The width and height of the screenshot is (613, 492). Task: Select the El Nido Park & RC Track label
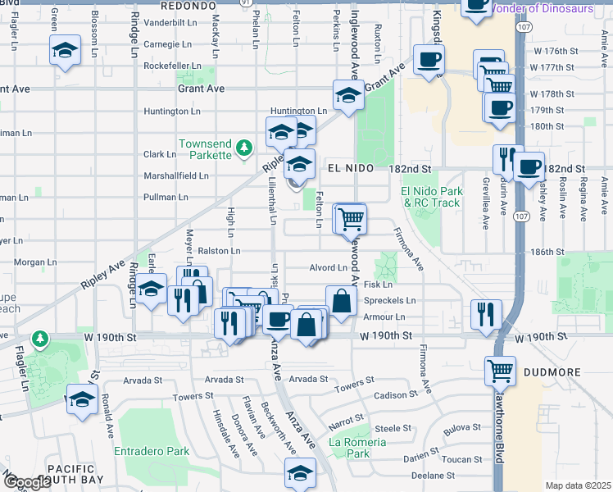(433, 197)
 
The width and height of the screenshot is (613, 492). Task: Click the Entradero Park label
(152, 451)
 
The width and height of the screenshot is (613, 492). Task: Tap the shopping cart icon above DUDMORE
(499, 371)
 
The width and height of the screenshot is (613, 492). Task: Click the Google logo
(27, 483)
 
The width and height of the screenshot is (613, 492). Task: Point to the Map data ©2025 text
(578, 485)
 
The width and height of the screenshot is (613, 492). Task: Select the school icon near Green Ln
(66, 51)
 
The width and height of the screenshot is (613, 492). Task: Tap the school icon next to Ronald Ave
(82, 399)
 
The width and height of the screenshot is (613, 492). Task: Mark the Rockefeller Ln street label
(172, 66)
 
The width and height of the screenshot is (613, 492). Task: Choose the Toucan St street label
(457, 459)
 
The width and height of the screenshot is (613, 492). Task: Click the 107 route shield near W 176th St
(523, 27)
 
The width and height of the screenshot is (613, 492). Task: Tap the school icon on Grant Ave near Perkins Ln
(348, 96)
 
